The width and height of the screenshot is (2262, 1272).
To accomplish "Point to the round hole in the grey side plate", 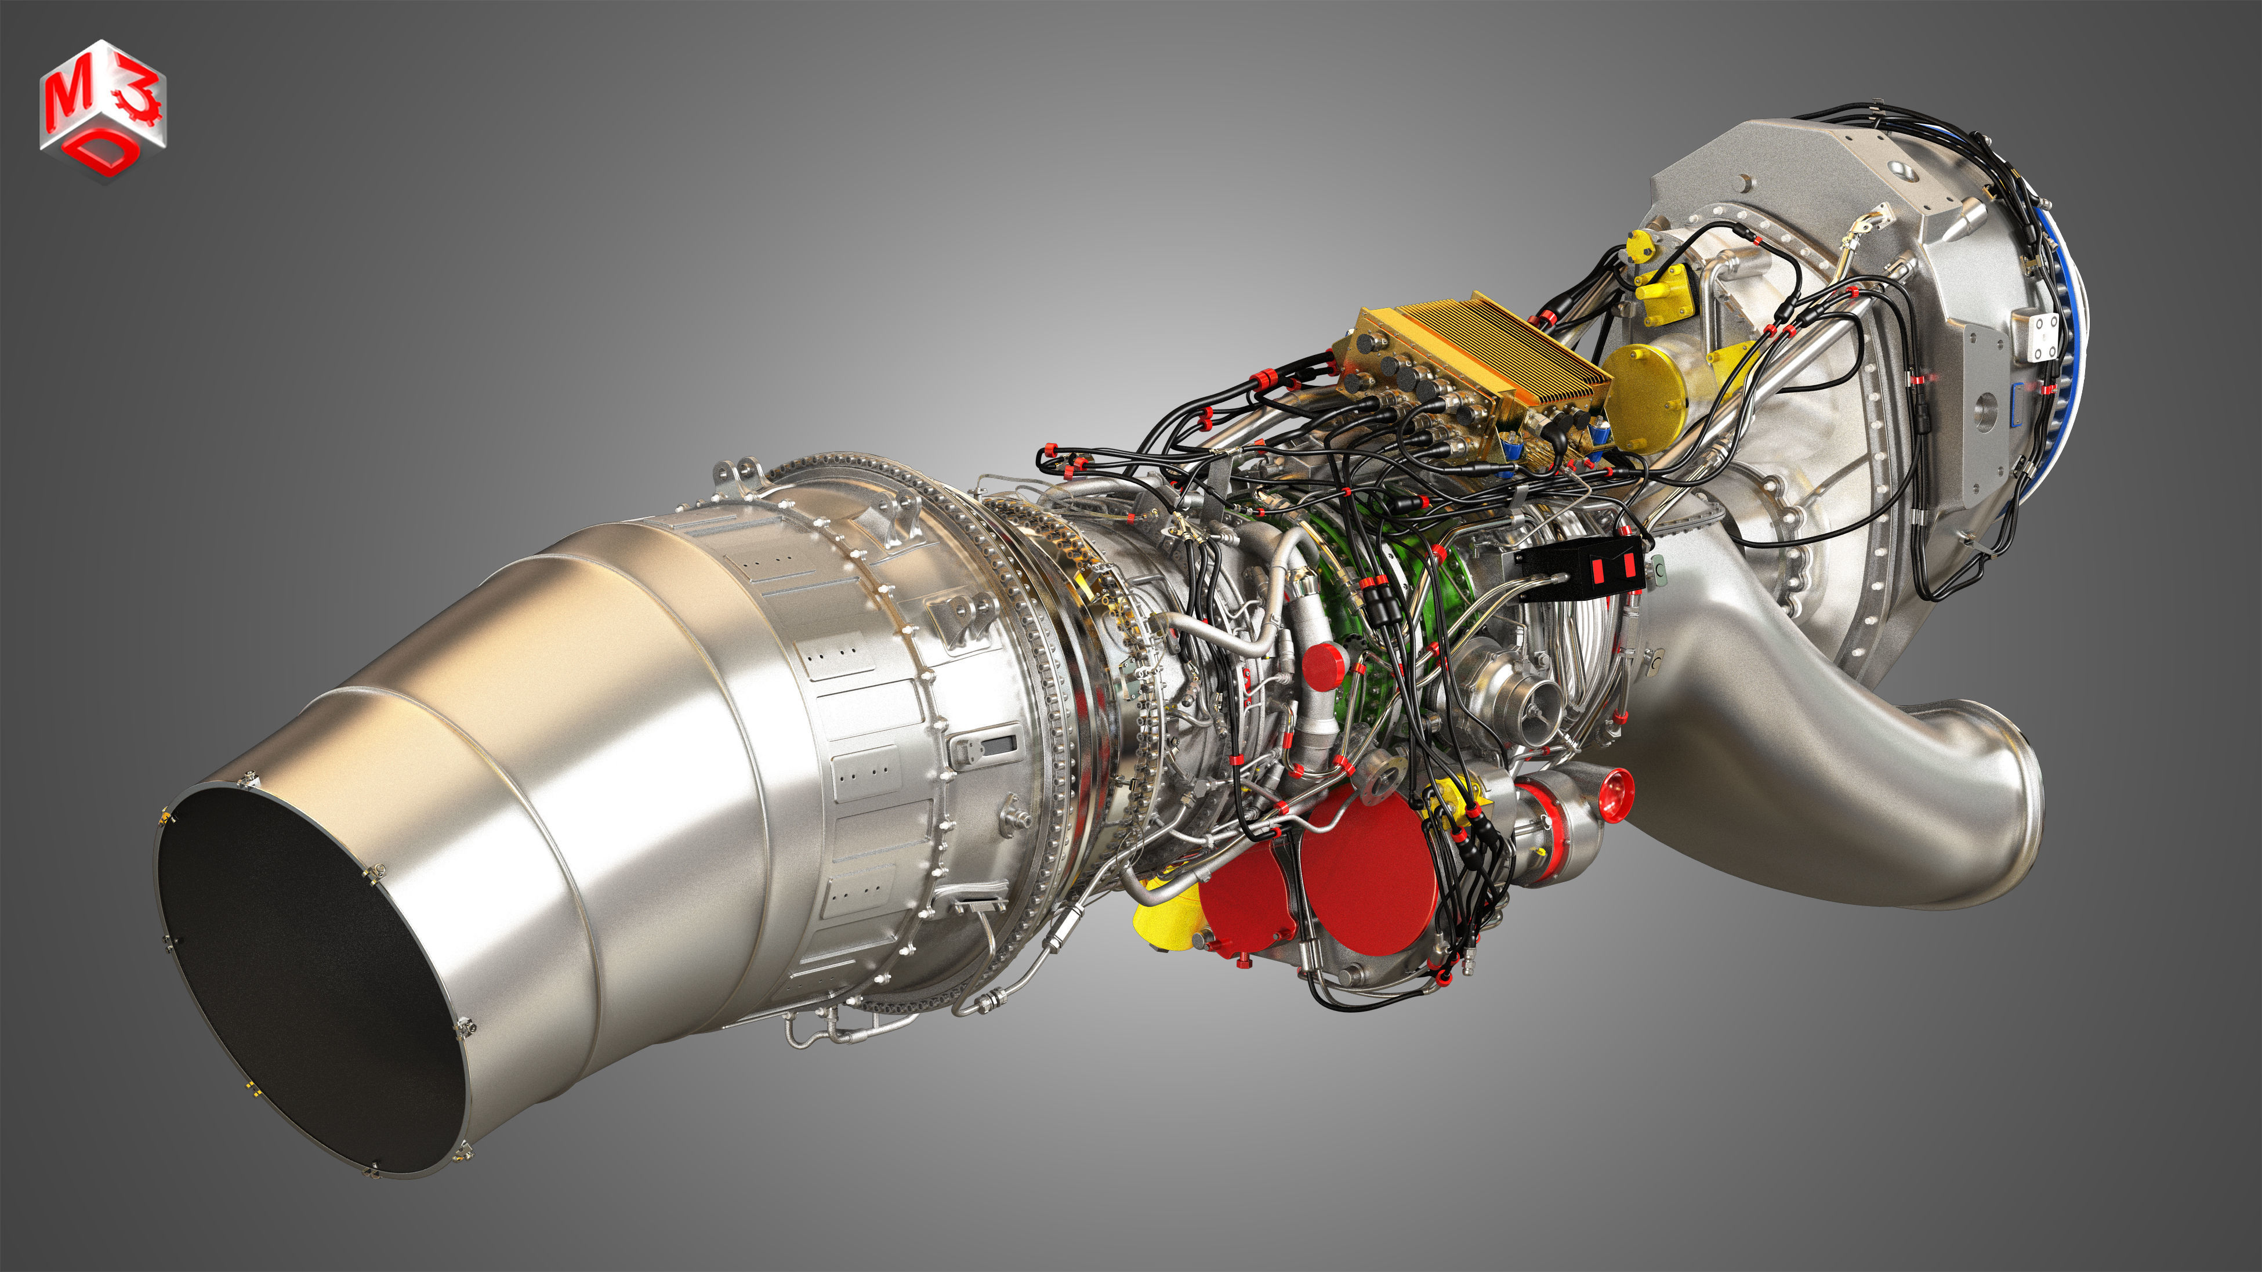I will tap(1986, 412).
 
